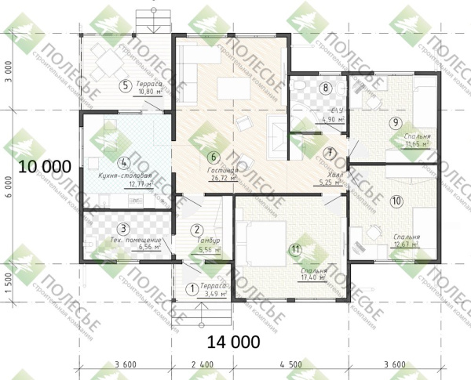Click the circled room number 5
click(x=124, y=85)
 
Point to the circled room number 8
click(x=326, y=87)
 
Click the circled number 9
click(x=395, y=122)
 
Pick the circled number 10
click(x=396, y=201)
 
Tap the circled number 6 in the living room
click(x=214, y=155)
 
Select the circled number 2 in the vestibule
click(x=196, y=230)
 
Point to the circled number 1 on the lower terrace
click(x=190, y=288)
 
